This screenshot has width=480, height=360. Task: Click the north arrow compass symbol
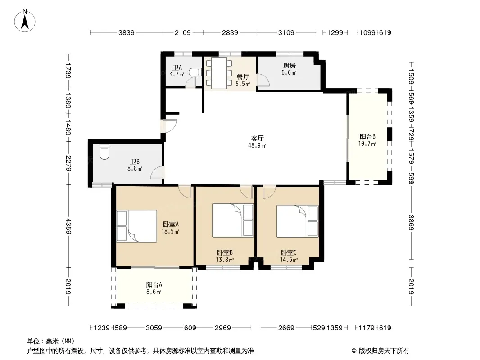coord(25,21)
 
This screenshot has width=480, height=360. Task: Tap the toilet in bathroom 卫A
coord(195,72)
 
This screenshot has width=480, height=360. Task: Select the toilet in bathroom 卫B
coord(104,152)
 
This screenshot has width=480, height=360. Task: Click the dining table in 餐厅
coord(219,73)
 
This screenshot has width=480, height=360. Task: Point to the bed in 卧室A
coord(136,226)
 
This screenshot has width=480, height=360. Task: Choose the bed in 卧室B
coord(233,220)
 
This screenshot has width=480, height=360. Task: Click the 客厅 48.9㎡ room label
coord(257,142)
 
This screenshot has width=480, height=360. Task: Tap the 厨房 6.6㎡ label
coord(289,69)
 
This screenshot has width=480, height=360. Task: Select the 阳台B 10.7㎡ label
coord(367,140)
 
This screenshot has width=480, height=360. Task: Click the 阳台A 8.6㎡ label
coord(154,288)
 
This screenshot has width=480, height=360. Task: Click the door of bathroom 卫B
coord(157,173)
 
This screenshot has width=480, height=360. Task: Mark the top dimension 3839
coord(127,33)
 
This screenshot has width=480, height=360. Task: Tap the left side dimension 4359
coord(68,226)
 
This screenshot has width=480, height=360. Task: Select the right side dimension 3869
coord(411,223)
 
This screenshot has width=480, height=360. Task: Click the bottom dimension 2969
coord(222,328)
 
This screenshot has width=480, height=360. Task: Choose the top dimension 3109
coord(286,33)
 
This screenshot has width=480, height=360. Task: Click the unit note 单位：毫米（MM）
coord(51,342)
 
